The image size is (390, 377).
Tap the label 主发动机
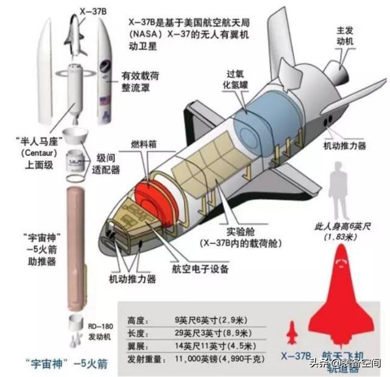point(345,36)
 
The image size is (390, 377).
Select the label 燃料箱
point(144,144)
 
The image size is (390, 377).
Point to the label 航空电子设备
point(200,269)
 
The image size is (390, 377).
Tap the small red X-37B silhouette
point(292,333)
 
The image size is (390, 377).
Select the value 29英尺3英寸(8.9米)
point(213,333)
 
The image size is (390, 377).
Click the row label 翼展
point(138,346)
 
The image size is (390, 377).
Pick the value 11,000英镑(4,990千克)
point(219,359)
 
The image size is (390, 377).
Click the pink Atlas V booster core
point(76,248)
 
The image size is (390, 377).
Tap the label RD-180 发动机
point(101,331)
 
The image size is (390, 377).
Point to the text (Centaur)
point(39,153)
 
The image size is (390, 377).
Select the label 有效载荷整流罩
point(140,82)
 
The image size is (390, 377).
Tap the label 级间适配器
point(106,164)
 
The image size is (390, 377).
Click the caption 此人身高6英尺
point(342,227)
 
